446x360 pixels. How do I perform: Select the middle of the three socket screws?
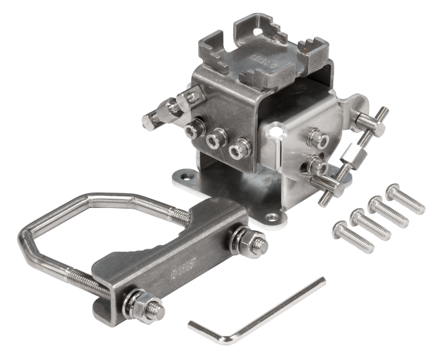214,140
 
